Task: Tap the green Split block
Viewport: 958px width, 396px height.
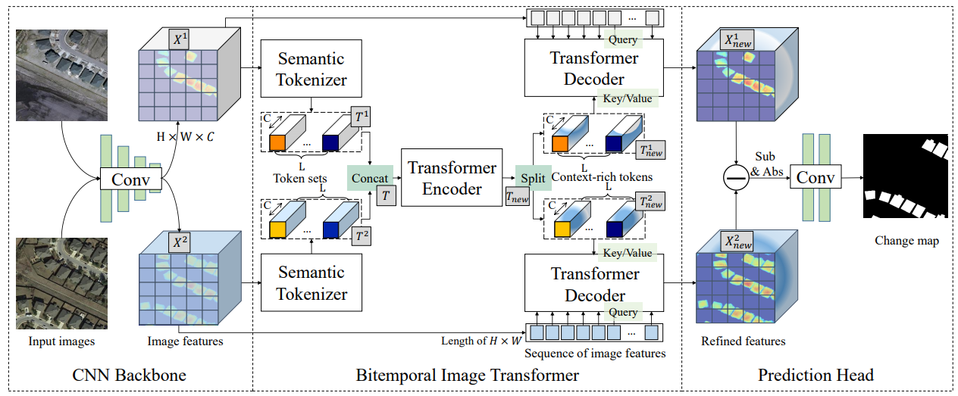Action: point(531,178)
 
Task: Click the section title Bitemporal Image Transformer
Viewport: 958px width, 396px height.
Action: point(468,376)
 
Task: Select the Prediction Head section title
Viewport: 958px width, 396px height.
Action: point(816,376)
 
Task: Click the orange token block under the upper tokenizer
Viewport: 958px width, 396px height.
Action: point(277,142)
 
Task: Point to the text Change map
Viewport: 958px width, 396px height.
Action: point(906,241)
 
